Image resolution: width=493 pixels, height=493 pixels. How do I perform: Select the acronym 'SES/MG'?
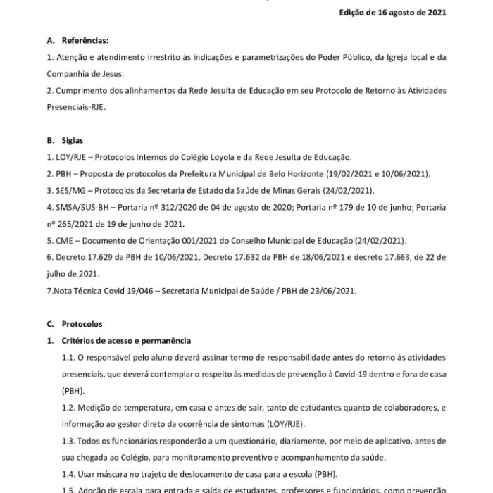point(70,191)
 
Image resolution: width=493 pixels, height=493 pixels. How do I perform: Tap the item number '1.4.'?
point(71,475)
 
